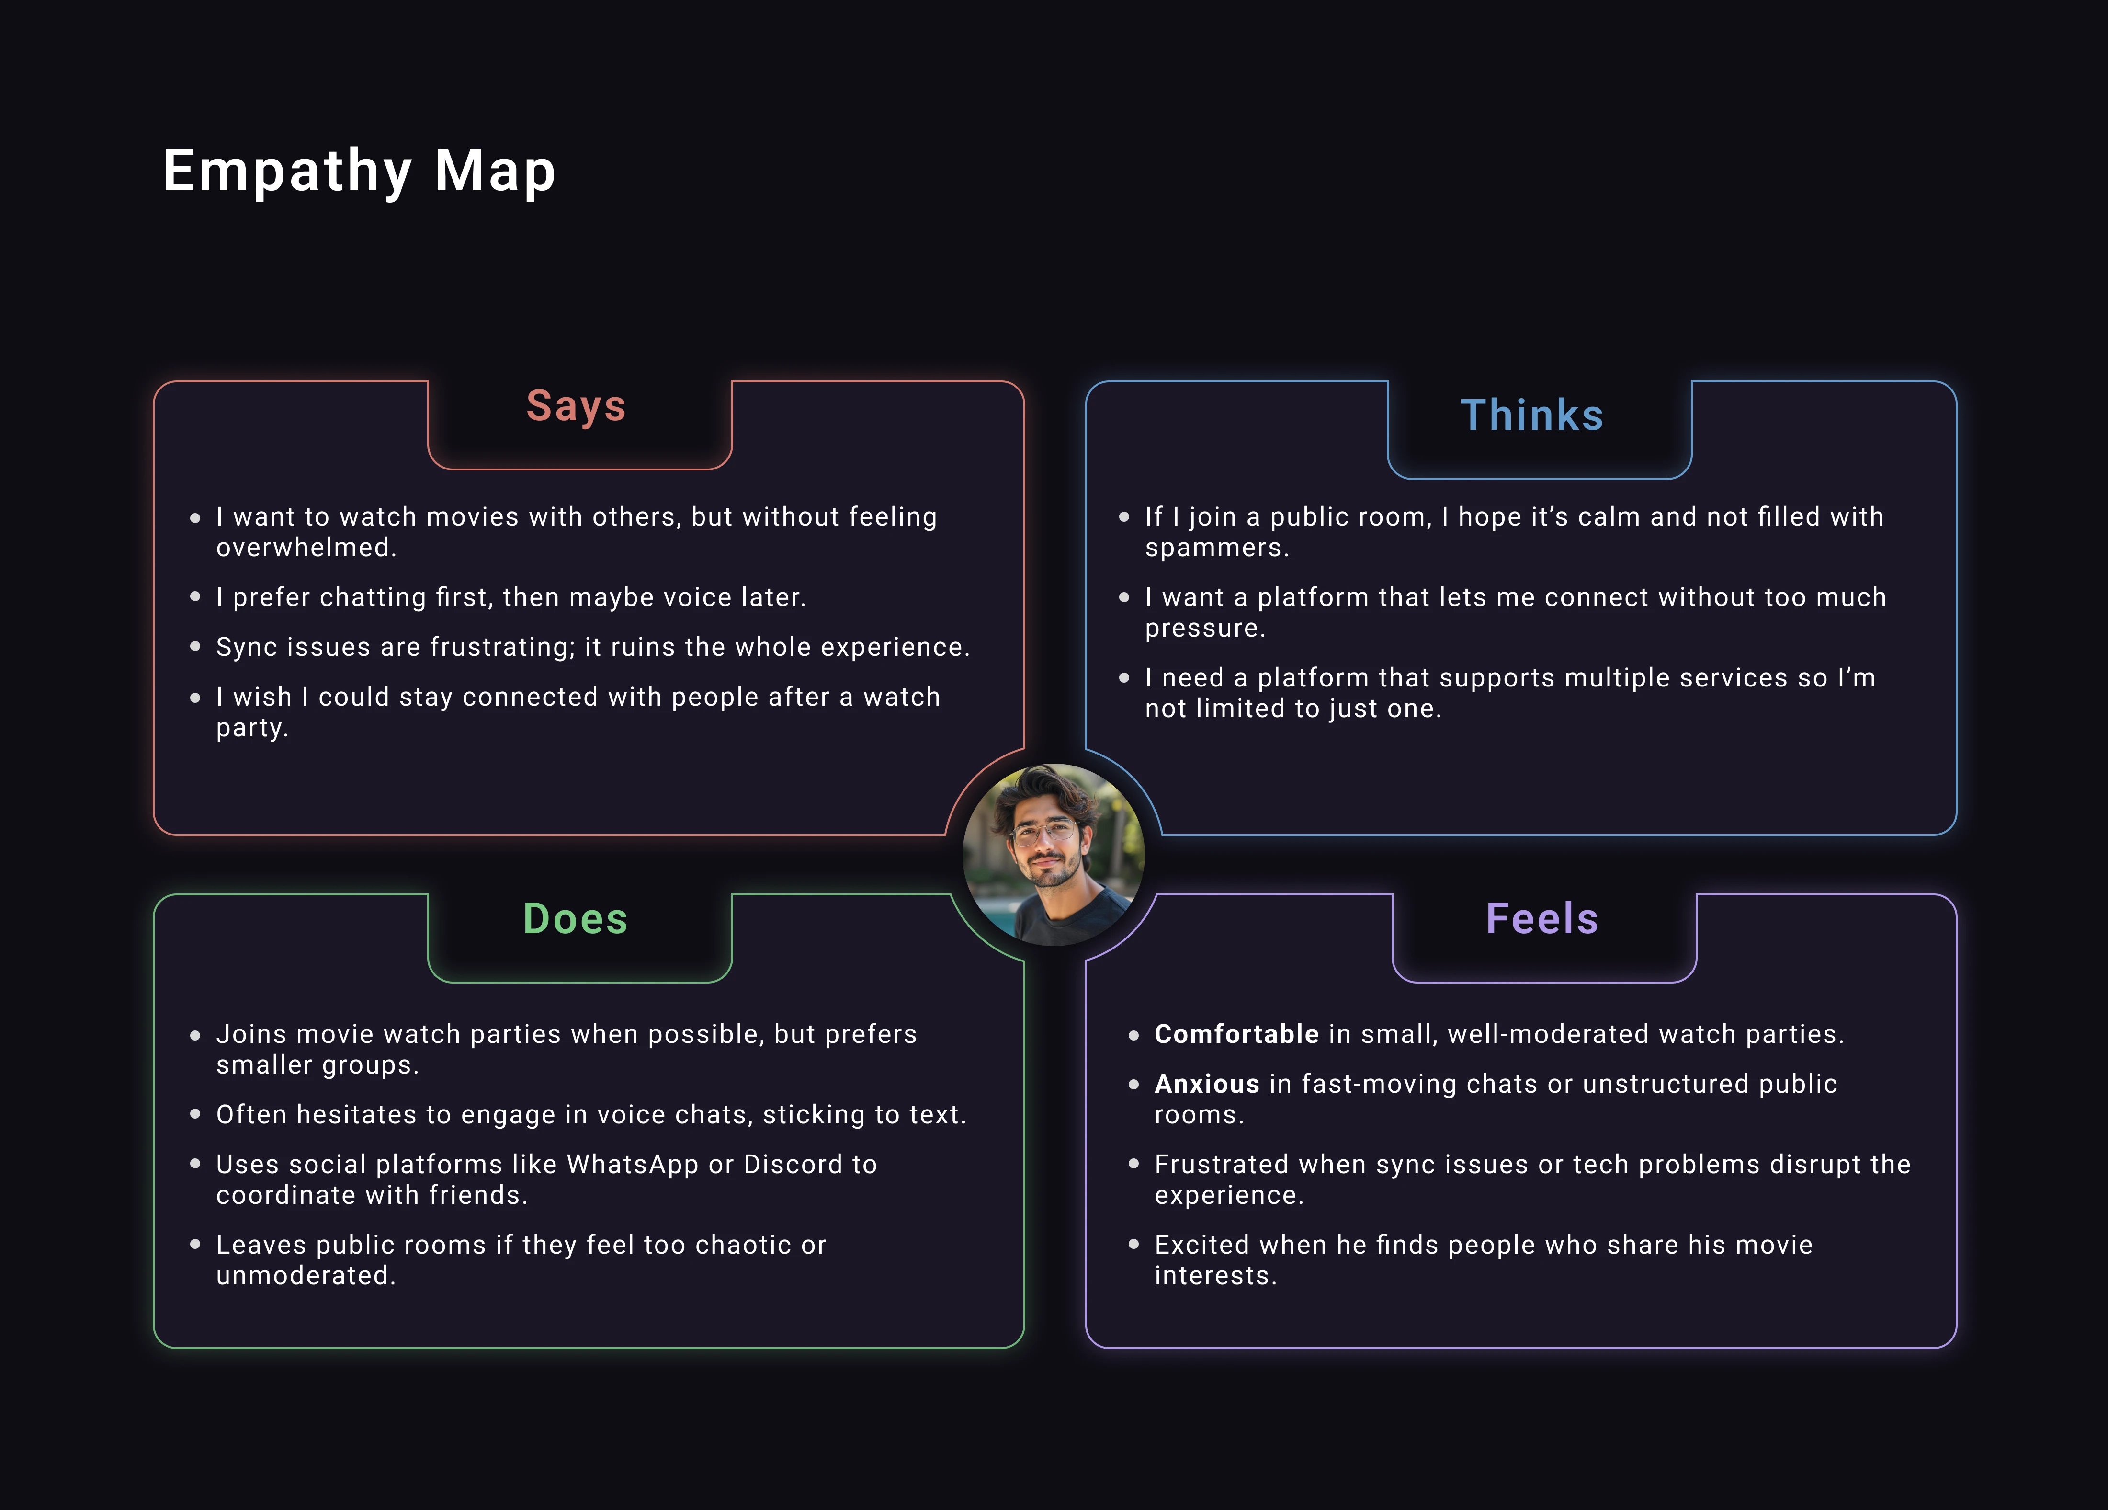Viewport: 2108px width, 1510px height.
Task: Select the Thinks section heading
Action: coord(1532,415)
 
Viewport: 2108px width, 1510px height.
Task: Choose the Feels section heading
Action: coord(1542,919)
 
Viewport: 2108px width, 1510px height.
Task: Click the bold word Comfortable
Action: coord(1236,1034)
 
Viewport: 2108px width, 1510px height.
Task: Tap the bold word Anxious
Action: coord(1206,1084)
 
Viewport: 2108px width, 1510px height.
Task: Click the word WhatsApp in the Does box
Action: coord(632,1164)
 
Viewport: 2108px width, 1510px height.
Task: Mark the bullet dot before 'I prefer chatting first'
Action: coord(195,597)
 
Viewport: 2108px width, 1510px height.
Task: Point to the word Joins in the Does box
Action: coord(247,1034)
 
